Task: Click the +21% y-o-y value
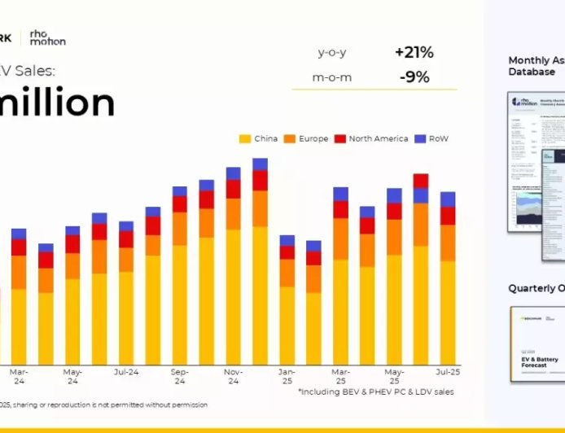(x=414, y=53)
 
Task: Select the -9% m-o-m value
(x=414, y=77)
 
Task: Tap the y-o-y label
(x=331, y=53)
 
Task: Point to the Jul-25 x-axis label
(x=448, y=371)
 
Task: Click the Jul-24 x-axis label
(x=126, y=371)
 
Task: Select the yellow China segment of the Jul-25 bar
(x=448, y=313)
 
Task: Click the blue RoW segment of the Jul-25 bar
(x=448, y=199)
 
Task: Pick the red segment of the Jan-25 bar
(x=287, y=252)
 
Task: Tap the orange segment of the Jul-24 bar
(x=126, y=260)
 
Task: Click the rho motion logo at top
(x=47, y=37)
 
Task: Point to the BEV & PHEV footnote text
(x=375, y=391)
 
